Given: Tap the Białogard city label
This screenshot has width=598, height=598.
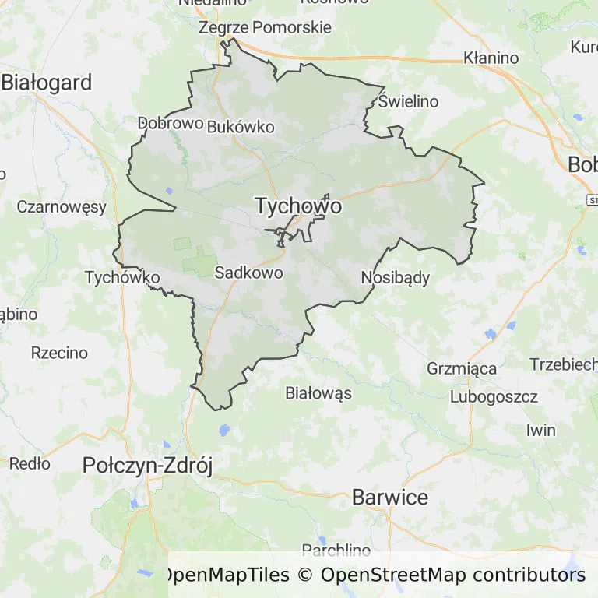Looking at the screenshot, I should (47, 83).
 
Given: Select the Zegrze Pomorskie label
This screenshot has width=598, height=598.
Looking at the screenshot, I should (265, 28).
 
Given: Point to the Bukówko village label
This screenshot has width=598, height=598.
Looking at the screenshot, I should (241, 127).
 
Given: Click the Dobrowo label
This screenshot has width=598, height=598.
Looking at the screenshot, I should (171, 123).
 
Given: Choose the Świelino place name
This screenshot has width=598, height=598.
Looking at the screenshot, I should (409, 101).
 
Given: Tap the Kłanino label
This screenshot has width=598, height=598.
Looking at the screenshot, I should (491, 58).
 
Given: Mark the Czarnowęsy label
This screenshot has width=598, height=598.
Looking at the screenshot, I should (62, 207).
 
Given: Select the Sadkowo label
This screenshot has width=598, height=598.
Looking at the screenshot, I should (248, 273).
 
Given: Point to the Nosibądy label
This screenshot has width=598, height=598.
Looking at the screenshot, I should (396, 278).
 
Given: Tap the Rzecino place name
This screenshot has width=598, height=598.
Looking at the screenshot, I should (60, 353).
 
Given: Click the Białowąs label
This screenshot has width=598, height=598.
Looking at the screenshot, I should (318, 392).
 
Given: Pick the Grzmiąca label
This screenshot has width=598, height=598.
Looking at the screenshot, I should (462, 368).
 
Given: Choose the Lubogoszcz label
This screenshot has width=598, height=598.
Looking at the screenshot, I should (494, 397).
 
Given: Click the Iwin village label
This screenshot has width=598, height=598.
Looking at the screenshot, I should (541, 431).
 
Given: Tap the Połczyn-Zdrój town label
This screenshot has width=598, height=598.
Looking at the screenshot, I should (148, 466).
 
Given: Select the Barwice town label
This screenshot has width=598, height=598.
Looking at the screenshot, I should (390, 497).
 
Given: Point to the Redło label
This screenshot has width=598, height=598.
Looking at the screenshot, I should (30, 464).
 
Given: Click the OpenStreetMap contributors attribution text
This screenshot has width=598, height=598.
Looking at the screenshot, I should (452, 575).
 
